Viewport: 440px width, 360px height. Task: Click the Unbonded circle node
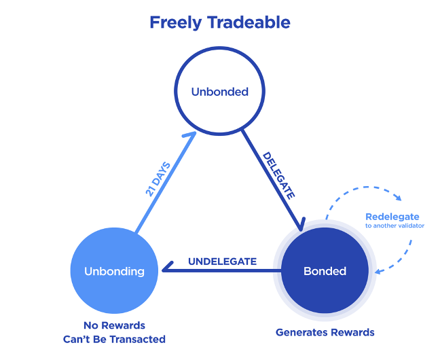[x=219, y=91]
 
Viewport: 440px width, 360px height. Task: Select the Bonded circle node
[x=325, y=271]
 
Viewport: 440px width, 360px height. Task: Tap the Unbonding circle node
[x=114, y=271]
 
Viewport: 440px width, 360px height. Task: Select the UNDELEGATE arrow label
[x=222, y=262]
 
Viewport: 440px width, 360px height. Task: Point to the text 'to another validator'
[x=395, y=226]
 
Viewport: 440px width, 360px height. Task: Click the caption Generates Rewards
[x=325, y=333]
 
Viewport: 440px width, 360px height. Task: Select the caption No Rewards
[x=114, y=325]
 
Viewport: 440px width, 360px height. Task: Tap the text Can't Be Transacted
[x=114, y=339]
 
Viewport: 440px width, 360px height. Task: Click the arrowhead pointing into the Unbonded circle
[x=192, y=137]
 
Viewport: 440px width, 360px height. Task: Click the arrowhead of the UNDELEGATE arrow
[x=165, y=271]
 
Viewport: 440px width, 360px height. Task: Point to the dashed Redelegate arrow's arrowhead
[x=378, y=272]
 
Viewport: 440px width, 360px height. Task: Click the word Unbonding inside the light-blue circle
[x=114, y=271]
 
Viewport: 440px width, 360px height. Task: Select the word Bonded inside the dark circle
[x=325, y=271]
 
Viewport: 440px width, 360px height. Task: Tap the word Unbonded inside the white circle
[x=219, y=91]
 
